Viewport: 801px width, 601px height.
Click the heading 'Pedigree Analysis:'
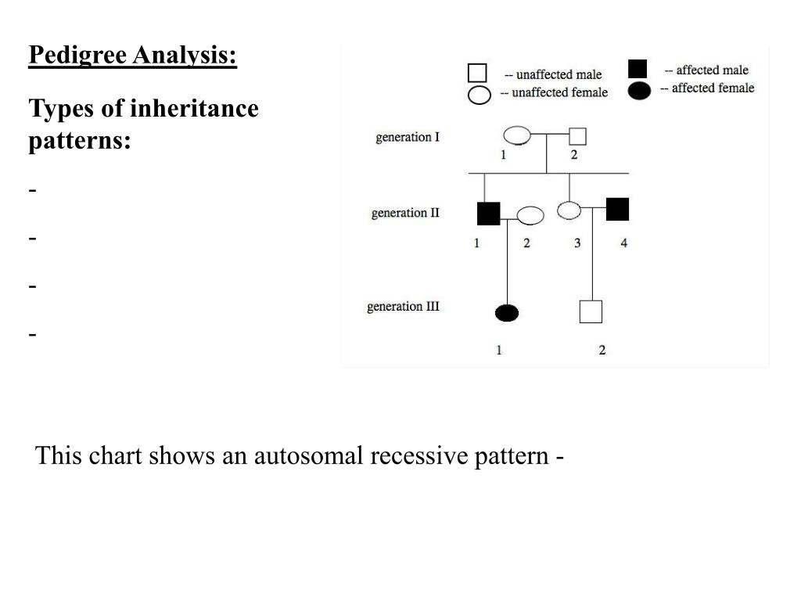point(132,56)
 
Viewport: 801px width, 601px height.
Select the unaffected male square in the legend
point(477,74)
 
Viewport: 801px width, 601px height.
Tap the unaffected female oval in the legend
point(479,95)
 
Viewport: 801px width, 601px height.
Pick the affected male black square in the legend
point(638,70)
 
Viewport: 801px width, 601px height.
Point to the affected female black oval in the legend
point(639,91)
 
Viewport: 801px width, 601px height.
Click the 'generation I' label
point(408,138)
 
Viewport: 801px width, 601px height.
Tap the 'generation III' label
point(403,306)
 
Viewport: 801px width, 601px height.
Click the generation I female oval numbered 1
point(516,135)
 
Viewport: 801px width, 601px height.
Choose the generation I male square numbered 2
point(578,136)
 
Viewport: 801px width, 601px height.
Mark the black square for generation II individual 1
point(488,213)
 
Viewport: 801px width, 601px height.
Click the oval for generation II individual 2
point(530,214)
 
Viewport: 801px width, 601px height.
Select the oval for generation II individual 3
point(569,210)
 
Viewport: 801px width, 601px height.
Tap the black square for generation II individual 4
point(617,210)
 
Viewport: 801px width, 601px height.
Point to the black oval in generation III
point(507,313)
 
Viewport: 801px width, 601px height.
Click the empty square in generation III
point(591,311)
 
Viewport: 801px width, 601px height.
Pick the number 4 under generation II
point(623,243)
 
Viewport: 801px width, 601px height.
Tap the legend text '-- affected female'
point(707,88)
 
